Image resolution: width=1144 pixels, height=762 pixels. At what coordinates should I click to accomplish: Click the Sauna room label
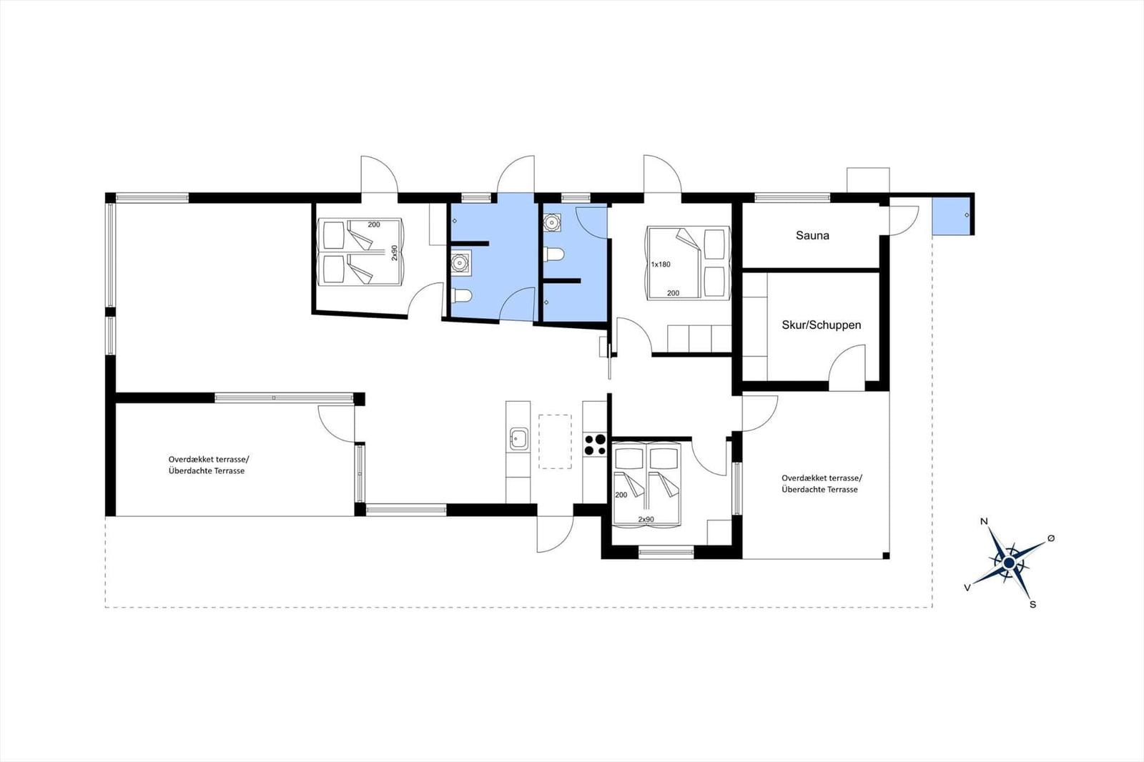click(812, 235)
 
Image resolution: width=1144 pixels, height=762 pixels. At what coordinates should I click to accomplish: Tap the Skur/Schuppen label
click(822, 325)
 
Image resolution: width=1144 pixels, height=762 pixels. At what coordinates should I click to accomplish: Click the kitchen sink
click(519, 439)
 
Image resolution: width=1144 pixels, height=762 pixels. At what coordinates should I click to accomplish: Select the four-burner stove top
click(595, 445)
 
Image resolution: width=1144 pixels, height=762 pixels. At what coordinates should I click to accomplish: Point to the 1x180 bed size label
click(661, 264)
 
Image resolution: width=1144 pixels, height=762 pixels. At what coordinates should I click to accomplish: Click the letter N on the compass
click(984, 521)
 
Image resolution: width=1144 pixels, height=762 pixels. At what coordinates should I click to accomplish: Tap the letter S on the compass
click(1032, 605)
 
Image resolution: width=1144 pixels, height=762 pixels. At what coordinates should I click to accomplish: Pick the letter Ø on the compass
click(1051, 538)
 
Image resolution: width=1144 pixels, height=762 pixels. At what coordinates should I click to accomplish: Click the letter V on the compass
click(967, 588)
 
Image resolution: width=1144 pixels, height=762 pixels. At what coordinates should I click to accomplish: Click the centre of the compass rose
click(1009, 563)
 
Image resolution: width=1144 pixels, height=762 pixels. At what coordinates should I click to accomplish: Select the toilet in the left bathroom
click(462, 296)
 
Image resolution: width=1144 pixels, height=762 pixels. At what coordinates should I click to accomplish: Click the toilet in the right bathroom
click(553, 254)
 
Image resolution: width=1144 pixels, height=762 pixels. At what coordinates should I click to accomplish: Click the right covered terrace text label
click(822, 484)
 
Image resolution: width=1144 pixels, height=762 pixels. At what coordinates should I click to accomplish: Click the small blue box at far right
click(951, 215)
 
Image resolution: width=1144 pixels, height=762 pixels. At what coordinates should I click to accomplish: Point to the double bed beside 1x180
click(688, 263)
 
